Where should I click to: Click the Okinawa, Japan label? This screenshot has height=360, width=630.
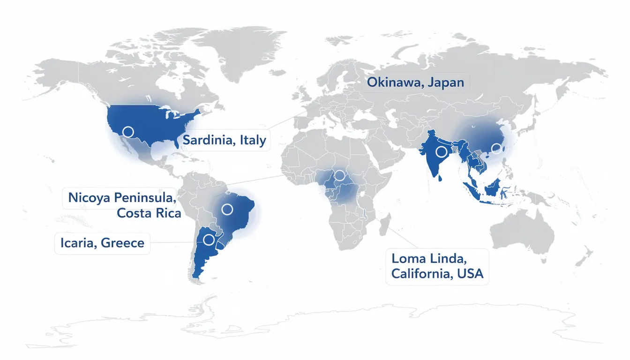[x=415, y=83]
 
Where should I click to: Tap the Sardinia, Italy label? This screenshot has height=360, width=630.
[x=224, y=140]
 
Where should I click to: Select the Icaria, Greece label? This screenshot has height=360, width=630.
[x=102, y=243]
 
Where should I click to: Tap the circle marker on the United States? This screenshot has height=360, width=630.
[x=127, y=132]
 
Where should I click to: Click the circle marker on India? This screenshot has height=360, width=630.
[x=441, y=151]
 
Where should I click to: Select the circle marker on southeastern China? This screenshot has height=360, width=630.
[x=496, y=149]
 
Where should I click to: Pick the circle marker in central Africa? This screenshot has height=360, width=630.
[x=339, y=175]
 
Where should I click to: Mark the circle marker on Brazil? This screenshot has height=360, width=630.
[x=227, y=209]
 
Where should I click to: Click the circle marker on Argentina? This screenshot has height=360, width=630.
[x=209, y=240]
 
